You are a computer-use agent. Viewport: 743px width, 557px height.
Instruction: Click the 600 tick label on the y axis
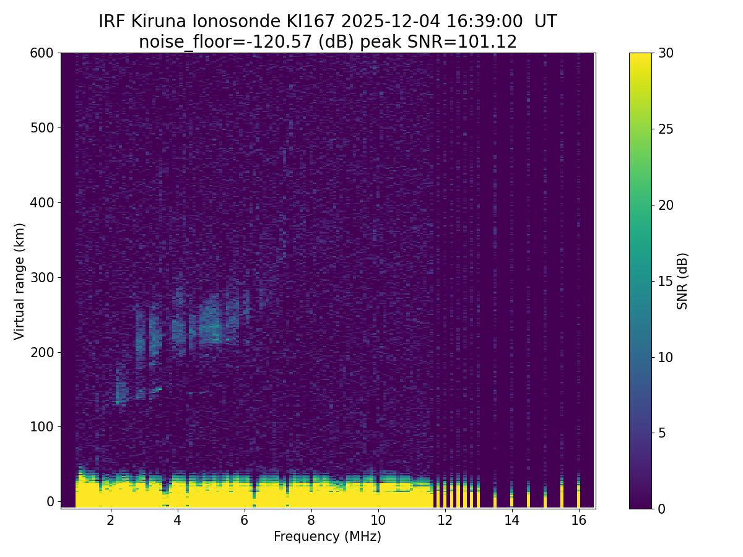point(41,53)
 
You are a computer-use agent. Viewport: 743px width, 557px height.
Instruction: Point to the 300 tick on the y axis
point(41,277)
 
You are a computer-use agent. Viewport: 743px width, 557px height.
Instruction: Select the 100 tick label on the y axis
point(41,426)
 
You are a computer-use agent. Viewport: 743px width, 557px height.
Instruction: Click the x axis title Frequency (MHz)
point(328,537)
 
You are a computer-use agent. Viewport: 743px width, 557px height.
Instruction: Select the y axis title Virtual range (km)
point(20,281)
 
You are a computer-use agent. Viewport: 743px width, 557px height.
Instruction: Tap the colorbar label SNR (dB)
point(682,281)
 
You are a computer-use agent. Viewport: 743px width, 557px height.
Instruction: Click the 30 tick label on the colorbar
point(666,53)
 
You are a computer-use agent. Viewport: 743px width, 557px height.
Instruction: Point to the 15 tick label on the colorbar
point(666,281)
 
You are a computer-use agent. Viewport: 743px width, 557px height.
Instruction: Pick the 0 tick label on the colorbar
point(662,509)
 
